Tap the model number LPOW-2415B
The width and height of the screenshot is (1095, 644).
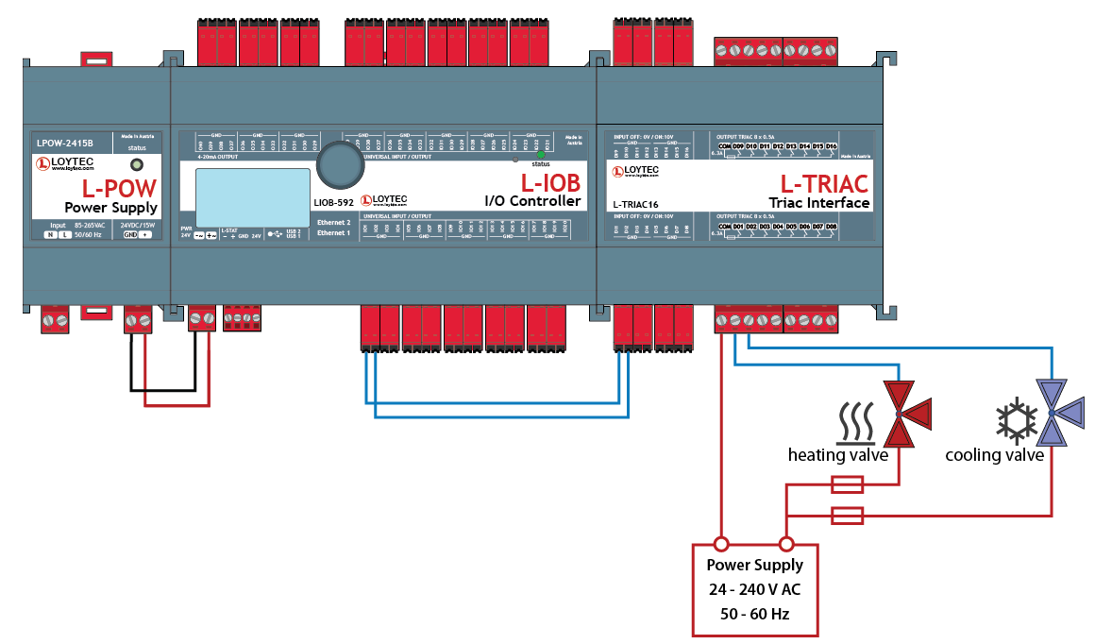tap(65, 144)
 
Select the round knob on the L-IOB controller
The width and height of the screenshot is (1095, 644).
tap(339, 166)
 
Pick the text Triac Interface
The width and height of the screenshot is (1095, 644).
tap(818, 202)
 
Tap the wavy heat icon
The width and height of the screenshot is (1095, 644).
tap(857, 422)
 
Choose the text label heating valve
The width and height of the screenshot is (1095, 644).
tap(838, 456)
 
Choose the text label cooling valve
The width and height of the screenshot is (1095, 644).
tap(995, 456)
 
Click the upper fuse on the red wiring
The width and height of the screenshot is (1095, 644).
tap(846, 485)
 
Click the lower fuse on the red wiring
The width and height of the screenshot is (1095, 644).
tap(846, 516)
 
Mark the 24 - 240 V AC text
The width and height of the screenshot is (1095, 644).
tap(755, 589)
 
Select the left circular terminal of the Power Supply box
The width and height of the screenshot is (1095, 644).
tap(721, 544)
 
